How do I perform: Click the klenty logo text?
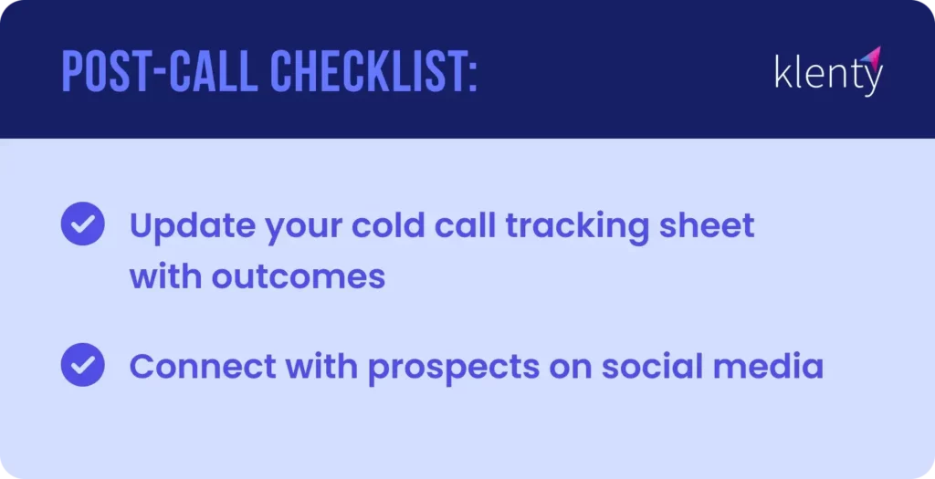pyautogui.click(x=827, y=73)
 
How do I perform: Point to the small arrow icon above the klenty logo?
pyautogui.click(x=870, y=56)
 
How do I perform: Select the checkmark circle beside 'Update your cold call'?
pyautogui.click(x=82, y=224)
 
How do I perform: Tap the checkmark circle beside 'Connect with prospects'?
pyautogui.click(x=82, y=365)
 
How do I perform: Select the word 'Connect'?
pyautogui.click(x=201, y=367)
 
